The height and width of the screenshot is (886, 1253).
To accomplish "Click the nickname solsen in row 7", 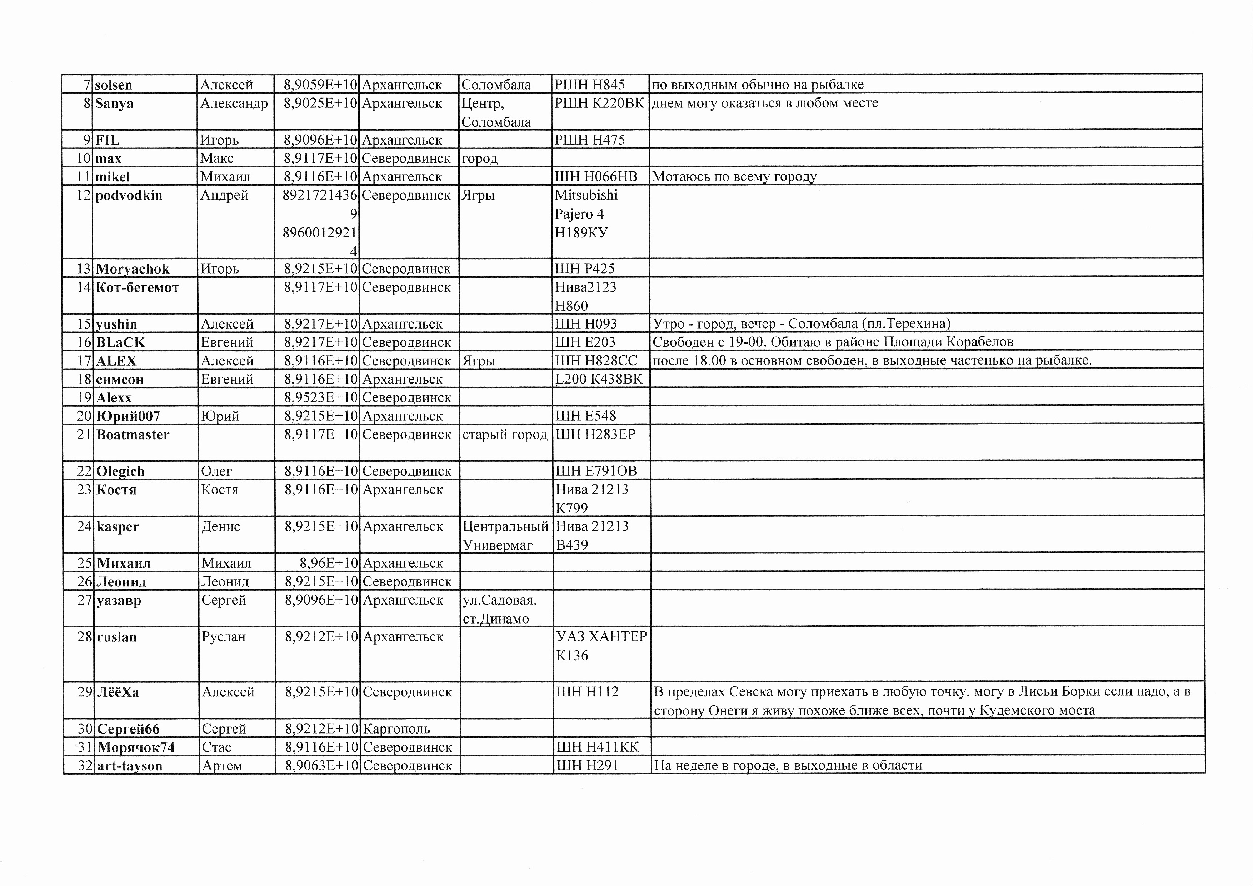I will (114, 85).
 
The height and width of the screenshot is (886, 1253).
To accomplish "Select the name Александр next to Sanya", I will (234, 104).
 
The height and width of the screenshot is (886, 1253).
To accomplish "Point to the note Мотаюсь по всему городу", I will (734, 177).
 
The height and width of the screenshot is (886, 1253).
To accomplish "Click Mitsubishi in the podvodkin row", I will (586, 195).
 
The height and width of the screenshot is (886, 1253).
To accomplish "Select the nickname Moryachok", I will (133, 269).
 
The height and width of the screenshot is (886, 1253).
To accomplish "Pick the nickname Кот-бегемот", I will (138, 287).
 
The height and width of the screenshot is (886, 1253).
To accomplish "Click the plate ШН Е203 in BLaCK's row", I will (585, 342).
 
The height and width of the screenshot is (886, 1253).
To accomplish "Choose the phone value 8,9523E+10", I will (321, 398).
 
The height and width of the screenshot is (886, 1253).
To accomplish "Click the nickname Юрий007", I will (128, 416).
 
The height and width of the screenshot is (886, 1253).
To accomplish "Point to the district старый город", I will (505, 435).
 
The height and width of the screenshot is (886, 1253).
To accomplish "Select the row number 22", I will (84, 471).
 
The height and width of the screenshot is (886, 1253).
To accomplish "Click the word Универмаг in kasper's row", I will (497, 545).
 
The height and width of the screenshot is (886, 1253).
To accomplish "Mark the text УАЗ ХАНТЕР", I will (601, 637).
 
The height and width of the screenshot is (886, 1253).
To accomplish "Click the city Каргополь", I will (396, 729).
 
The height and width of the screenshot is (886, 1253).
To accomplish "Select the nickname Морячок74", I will (136, 747).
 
